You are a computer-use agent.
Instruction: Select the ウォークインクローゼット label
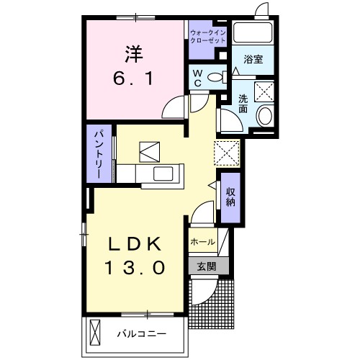tap(207, 37)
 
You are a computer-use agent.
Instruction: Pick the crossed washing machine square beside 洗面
tap(264, 91)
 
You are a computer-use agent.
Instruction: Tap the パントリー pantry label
tap(97, 154)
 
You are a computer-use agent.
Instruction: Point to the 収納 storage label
tap(230, 197)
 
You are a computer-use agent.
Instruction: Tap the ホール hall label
tap(202, 243)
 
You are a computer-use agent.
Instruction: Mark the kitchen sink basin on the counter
tap(162, 174)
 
